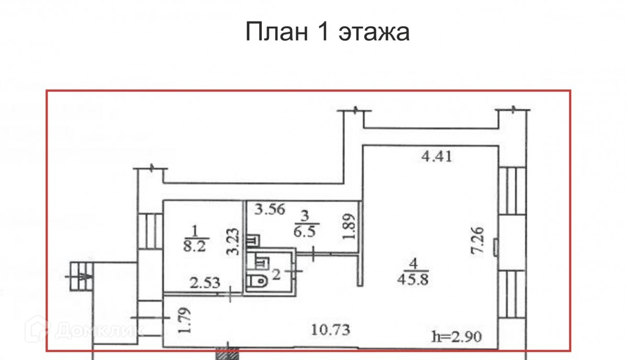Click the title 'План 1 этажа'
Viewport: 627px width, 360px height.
pyautogui.click(x=328, y=32)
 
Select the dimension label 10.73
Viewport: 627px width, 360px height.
pyautogui.click(x=330, y=330)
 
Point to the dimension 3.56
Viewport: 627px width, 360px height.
pyautogui.click(x=270, y=210)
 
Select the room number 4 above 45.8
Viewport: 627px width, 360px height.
pyautogui.click(x=413, y=263)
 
